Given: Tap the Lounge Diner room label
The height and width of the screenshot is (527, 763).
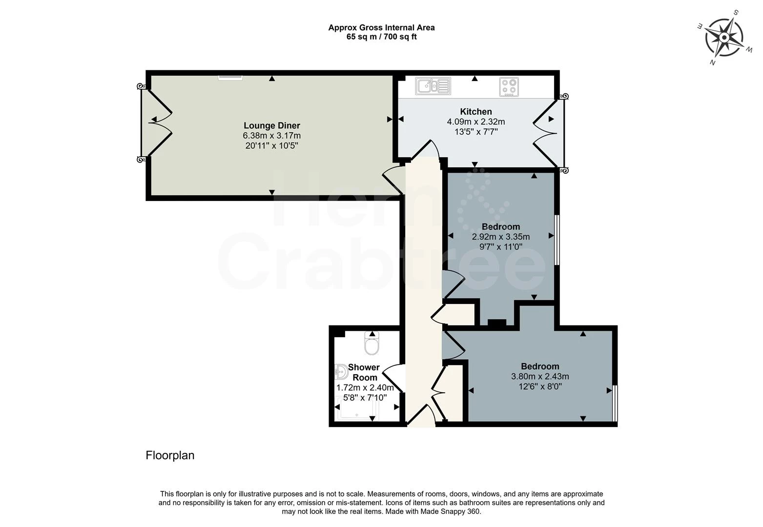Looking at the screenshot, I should (x=271, y=126).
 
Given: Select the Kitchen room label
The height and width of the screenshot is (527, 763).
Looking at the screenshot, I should (x=475, y=112).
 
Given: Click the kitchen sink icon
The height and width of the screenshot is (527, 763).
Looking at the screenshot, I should (x=433, y=86).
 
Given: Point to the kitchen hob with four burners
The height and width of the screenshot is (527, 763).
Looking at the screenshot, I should (x=509, y=87).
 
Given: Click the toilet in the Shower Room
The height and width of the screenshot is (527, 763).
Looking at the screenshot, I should (x=371, y=345).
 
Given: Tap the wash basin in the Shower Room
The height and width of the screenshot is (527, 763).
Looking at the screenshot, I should (x=341, y=373).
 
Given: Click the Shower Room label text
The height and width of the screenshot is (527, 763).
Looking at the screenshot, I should (x=364, y=372).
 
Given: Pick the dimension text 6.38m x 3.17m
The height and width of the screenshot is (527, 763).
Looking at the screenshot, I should (x=271, y=136).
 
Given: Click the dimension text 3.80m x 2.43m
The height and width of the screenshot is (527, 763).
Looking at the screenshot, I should (x=539, y=377).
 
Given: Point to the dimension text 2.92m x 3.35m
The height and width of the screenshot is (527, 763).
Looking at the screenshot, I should (x=500, y=237).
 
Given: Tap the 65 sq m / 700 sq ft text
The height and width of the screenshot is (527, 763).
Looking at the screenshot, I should (x=381, y=37).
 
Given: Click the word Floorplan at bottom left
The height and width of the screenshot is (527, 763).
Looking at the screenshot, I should (x=170, y=455).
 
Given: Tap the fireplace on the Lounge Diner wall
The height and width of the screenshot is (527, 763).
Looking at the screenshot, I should (x=230, y=77).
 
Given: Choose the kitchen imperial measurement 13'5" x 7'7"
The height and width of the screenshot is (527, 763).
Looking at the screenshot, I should (x=475, y=131).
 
